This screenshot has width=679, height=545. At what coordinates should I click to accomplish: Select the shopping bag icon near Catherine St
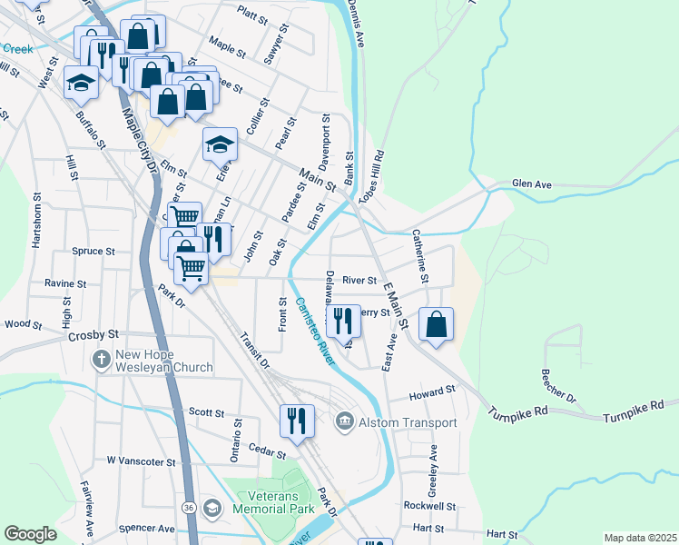pos(437,324)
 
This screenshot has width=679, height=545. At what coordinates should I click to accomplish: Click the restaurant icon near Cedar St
pos(298,421)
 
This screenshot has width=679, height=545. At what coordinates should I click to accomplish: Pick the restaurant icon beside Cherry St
pos(343,322)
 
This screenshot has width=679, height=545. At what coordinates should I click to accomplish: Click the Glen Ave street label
pos(532,183)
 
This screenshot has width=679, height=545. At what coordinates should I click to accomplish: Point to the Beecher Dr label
pos(558,385)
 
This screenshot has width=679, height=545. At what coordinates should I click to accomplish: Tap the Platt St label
pos(252,12)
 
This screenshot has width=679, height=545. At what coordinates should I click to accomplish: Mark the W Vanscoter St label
pos(141,461)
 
